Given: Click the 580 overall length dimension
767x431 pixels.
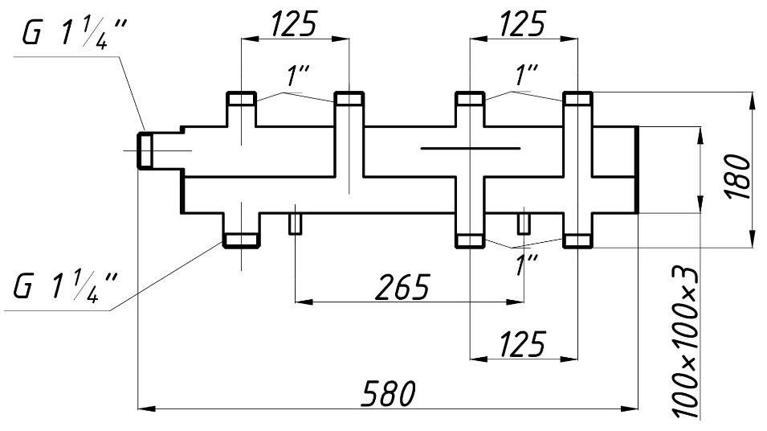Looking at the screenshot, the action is (x=388, y=392).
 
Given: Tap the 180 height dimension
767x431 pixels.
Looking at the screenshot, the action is (x=739, y=176).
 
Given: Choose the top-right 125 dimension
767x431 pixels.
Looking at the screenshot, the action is (x=523, y=23).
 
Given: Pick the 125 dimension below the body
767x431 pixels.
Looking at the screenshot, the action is (x=523, y=343).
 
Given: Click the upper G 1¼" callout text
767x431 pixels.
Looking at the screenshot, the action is (x=74, y=35).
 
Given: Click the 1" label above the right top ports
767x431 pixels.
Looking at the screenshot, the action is (x=526, y=76).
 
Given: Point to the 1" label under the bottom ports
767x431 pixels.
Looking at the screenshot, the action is (x=526, y=265).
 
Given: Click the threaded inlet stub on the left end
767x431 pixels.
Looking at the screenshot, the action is (x=145, y=150).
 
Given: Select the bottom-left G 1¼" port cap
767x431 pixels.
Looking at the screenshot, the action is (x=241, y=240).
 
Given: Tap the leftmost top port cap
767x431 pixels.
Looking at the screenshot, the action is (x=241, y=99).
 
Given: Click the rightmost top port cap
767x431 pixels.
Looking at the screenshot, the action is (x=577, y=99).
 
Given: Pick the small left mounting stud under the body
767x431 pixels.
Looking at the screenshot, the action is (x=295, y=224).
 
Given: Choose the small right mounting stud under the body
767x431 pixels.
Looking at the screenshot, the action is (x=524, y=224).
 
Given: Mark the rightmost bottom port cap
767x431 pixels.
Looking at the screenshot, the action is (x=577, y=240).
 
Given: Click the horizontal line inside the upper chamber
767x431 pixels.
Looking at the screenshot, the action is (x=471, y=147).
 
